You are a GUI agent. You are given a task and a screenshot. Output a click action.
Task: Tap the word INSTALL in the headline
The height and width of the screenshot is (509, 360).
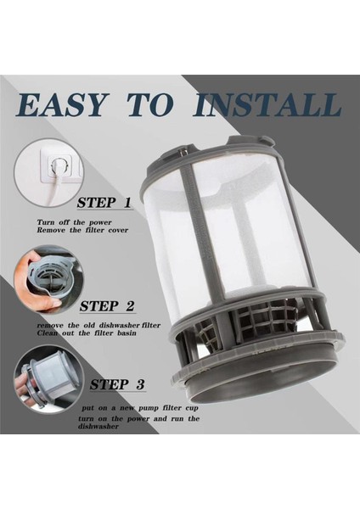pos(267,106)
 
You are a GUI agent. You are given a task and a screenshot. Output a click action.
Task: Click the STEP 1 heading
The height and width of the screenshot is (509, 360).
pos(104,204)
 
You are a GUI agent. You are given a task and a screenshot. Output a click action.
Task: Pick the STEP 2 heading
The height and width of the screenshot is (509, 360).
pos(106,306)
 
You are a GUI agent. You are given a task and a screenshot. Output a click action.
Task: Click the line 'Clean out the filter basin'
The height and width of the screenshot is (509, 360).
pos(82,334)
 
